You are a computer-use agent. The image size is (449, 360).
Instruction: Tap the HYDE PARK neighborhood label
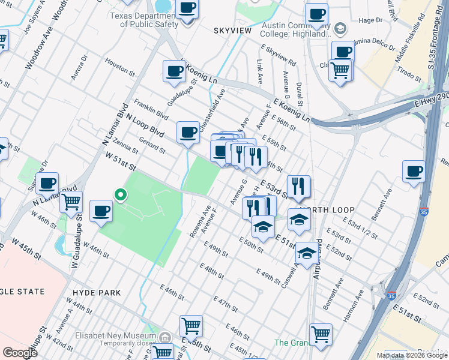(97, 293)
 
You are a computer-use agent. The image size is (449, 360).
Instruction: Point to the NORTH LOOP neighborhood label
(327, 210)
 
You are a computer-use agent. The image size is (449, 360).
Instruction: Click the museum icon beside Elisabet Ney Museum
(166, 338)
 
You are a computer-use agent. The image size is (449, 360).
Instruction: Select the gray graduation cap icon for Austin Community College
(340, 28)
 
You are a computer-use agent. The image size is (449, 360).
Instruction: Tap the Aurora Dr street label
(79, 64)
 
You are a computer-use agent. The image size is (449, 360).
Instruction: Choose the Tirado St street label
(409, 76)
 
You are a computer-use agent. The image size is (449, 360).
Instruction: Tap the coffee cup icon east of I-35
(414, 172)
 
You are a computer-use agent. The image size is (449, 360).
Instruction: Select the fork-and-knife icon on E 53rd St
(298, 187)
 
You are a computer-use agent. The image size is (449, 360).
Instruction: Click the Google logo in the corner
(20, 353)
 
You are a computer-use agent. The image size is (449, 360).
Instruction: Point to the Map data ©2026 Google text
(411, 355)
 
